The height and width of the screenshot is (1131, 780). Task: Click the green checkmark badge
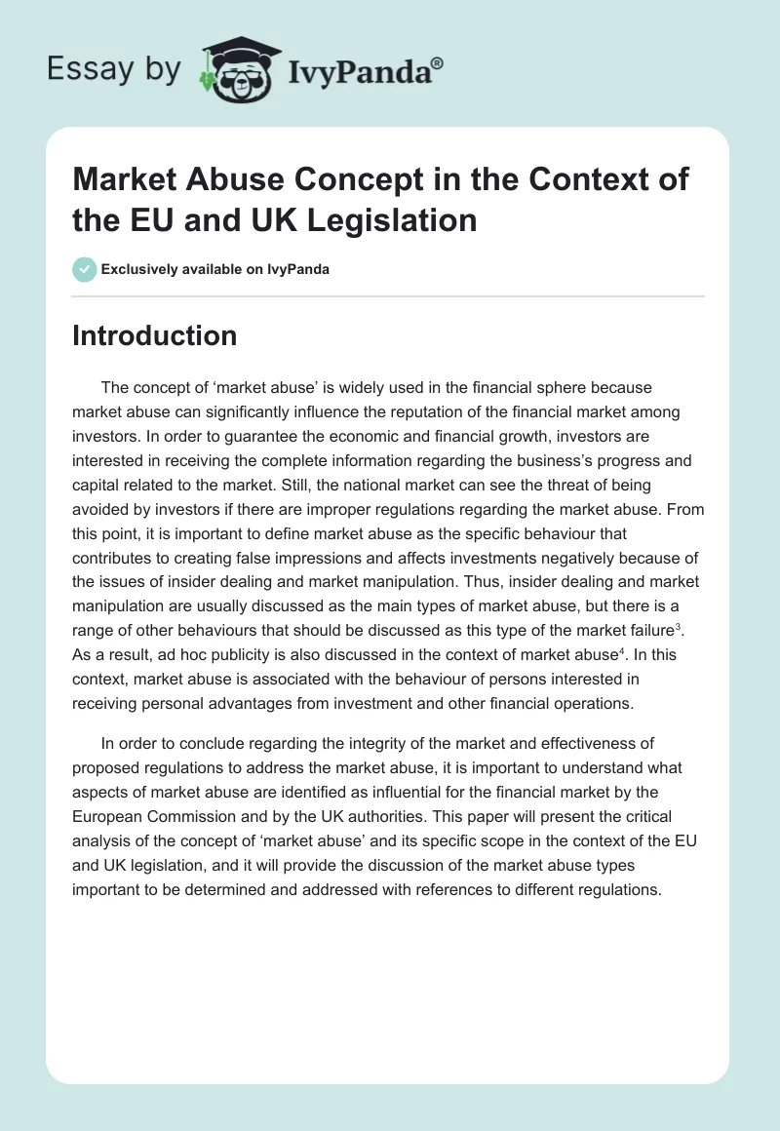point(84,269)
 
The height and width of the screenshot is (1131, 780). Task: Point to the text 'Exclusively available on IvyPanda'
point(215,269)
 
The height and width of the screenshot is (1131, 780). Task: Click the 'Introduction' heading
point(155,335)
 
